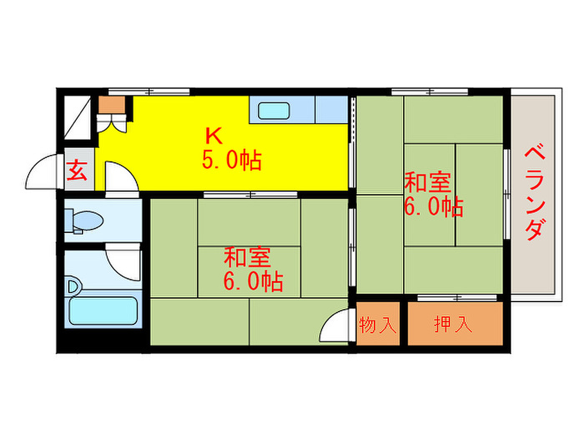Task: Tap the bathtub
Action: pos(103,311)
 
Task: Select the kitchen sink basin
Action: pos(274,111)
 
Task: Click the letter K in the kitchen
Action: pos(214,136)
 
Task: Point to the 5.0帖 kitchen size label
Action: pos(232,160)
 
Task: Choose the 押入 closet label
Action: pos(453,324)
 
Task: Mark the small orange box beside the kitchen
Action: pos(112,105)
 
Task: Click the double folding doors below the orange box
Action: pos(111,123)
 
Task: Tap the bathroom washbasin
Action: pos(73,287)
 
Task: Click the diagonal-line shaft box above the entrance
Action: pos(78,118)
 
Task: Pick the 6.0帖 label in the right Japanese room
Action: pos(433,207)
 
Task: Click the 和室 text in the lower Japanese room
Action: pos(247,257)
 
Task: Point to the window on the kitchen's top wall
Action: pos(149,92)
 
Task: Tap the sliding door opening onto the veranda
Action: pos(507,194)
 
